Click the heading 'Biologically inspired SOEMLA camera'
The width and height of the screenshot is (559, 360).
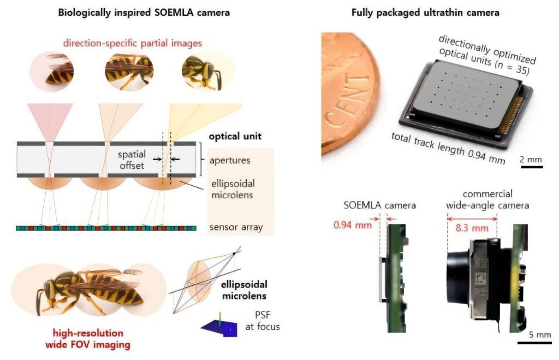pyautogui.click(x=144, y=13)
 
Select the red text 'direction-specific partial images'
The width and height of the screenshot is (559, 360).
pyautogui.click(x=132, y=43)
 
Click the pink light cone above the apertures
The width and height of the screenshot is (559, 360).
pyautogui.click(x=50, y=121)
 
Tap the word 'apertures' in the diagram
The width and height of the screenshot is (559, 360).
pyautogui.click(x=230, y=161)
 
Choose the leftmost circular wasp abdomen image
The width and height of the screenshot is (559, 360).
pyautogui.click(x=52, y=73)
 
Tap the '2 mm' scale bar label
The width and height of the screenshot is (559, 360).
pyautogui.click(x=531, y=160)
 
